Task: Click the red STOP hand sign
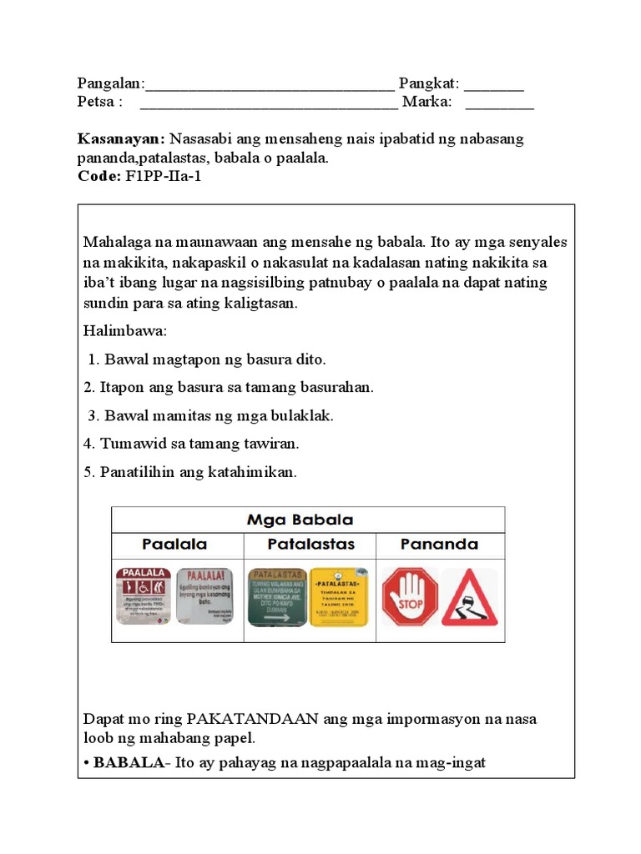pyautogui.click(x=410, y=596)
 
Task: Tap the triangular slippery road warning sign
pyautogui.click(x=469, y=597)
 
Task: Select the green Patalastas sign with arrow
pyautogui.click(x=277, y=597)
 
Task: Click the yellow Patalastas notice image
pyautogui.click(x=340, y=597)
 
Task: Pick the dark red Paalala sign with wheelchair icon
pyautogui.click(x=143, y=596)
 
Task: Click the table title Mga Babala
pyautogui.click(x=300, y=520)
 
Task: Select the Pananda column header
pyautogui.click(x=439, y=545)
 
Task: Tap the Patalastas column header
pyautogui.click(x=310, y=545)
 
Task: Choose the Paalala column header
pyautogui.click(x=174, y=545)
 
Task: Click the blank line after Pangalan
pyautogui.click(x=269, y=84)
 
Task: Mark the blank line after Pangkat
pyautogui.click(x=494, y=84)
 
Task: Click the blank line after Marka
pyautogui.click(x=499, y=103)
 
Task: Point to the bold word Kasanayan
pyautogui.click(x=116, y=138)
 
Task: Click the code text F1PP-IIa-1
pyautogui.click(x=163, y=177)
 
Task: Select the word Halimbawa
pyautogui.click(x=124, y=331)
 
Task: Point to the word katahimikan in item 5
pyautogui.click(x=251, y=472)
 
